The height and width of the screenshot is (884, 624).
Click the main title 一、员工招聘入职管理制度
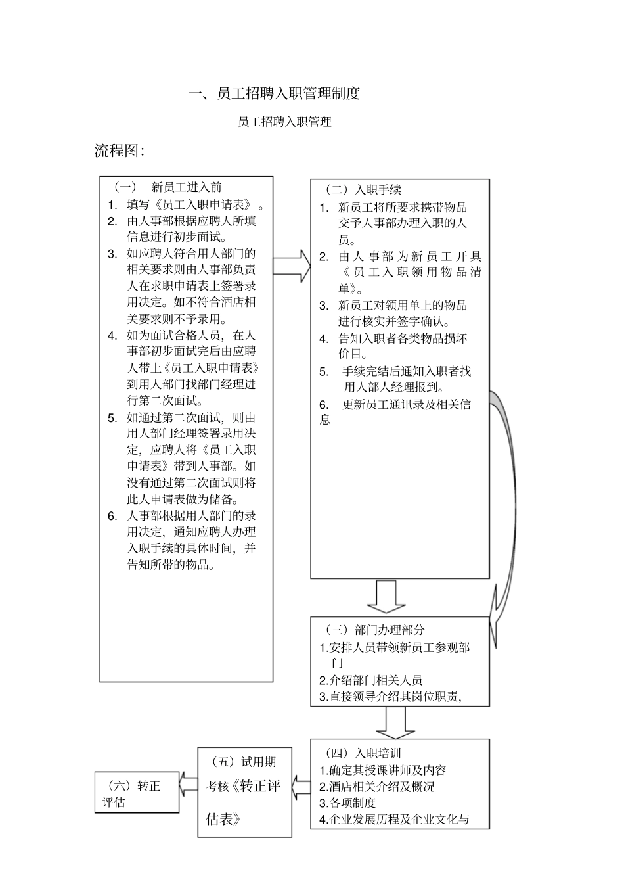tap(275, 94)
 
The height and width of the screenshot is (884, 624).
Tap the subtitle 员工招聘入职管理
tap(284, 122)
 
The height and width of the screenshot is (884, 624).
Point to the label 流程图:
tap(119, 151)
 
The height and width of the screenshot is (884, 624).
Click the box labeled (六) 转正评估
tap(137, 793)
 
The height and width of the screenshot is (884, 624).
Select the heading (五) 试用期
tap(244, 762)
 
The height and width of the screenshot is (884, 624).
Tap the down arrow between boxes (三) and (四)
tap(394, 722)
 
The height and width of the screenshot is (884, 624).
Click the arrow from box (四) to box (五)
tap(301, 786)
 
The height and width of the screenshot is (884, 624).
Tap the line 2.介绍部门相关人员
tap(370, 680)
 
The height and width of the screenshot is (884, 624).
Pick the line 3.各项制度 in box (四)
tap(347, 803)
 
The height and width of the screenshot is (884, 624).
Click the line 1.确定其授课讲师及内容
tap(383, 770)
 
